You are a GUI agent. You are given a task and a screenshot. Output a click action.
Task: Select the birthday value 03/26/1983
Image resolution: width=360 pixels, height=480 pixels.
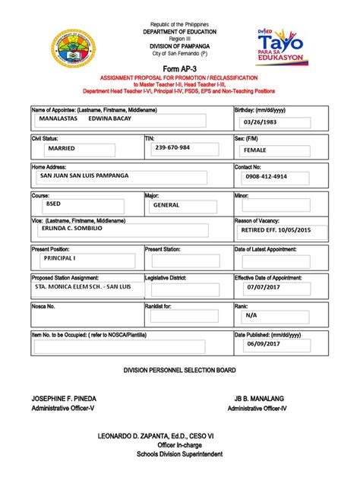[261, 123]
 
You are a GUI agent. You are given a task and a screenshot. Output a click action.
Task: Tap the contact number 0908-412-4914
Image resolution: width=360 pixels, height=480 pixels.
[261, 176]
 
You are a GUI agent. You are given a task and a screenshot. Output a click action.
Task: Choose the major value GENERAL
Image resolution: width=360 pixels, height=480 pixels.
[166, 205]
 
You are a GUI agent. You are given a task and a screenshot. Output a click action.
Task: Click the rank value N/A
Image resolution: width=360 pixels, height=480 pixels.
[251, 314]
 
